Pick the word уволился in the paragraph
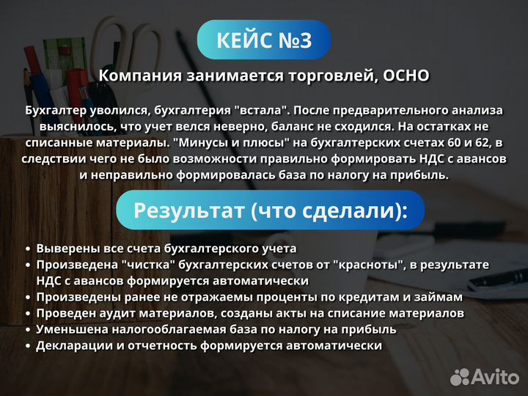coord(119,110)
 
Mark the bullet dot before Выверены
coord(28,249)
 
